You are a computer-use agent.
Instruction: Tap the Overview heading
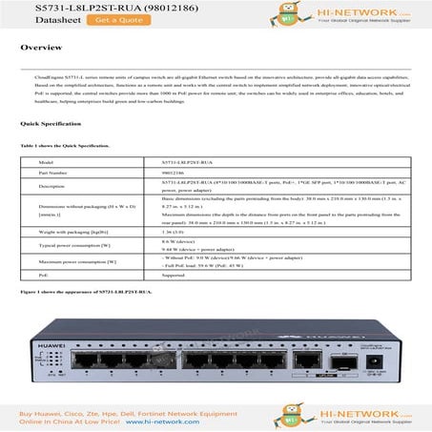click(42, 47)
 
